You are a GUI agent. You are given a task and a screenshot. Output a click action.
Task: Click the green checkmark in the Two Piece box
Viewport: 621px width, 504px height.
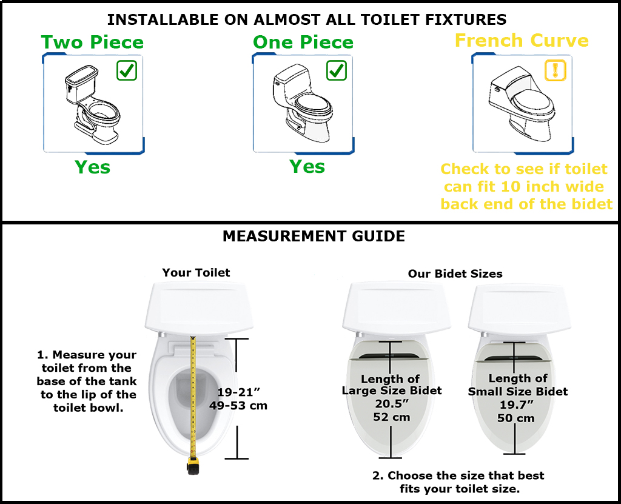127,70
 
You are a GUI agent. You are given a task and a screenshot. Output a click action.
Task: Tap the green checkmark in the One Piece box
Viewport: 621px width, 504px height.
337,70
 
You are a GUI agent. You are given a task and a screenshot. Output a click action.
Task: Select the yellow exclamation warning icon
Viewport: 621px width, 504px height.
556,70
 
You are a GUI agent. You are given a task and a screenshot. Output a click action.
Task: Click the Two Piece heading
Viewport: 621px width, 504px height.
92,42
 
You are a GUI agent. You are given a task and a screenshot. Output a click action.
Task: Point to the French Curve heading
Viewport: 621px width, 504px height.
522,41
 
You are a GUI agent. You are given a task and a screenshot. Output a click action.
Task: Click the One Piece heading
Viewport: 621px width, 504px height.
303,42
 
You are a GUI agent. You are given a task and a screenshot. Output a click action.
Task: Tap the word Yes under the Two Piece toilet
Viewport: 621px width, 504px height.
93,167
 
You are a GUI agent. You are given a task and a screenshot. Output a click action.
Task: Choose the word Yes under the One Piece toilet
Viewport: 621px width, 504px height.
307,166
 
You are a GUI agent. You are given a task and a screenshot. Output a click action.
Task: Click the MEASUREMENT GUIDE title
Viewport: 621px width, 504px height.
314,236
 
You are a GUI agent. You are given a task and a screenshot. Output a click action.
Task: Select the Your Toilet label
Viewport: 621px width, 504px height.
196,272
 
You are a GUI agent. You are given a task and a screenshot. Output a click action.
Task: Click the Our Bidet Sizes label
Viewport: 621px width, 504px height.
455,274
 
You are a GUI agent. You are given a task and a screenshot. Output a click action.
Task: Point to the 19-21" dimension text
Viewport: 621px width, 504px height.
239,392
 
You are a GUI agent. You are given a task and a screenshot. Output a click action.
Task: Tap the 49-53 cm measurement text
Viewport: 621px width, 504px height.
238,405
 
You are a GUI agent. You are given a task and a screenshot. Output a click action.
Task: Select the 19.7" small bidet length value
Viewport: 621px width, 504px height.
517,405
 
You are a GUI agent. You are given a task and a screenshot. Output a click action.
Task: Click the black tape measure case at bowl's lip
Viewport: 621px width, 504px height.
193,466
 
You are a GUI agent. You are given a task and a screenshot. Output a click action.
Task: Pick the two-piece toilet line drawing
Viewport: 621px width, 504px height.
93,105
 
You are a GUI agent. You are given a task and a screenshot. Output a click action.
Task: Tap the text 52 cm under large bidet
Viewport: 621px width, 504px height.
392,417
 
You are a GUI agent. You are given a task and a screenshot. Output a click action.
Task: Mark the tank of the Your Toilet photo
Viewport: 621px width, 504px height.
199,306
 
